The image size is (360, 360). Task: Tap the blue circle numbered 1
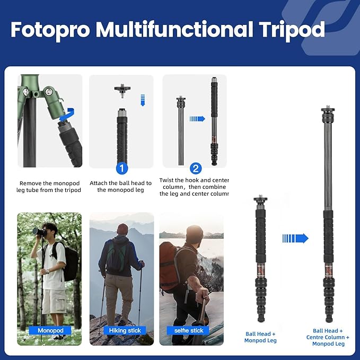pyautogui.click(x=122, y=169)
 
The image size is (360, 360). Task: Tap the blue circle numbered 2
pyautogui.click(x=196, y=169)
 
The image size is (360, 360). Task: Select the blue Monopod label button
pyautogui.click(x=50, y=330)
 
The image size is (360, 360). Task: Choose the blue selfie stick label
pyautogui.click(x=189, y=330)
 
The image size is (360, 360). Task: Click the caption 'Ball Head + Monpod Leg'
pyautogui.click(x=260, y=336)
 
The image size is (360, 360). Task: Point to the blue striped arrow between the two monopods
pyautogui.click(x=295, y=238)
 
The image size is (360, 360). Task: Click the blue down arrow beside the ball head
pyautogui.click(x=142, y=99)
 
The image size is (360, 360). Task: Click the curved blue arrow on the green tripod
pyautogui.click(x=67, y=113)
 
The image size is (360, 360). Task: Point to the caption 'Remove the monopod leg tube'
pyautogui.click(x=50, y=186)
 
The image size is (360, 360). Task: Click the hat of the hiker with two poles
pyautogui.click(x=122, y=229)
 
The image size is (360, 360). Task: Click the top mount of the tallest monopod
pyautogui.click(x=327, y=112)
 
